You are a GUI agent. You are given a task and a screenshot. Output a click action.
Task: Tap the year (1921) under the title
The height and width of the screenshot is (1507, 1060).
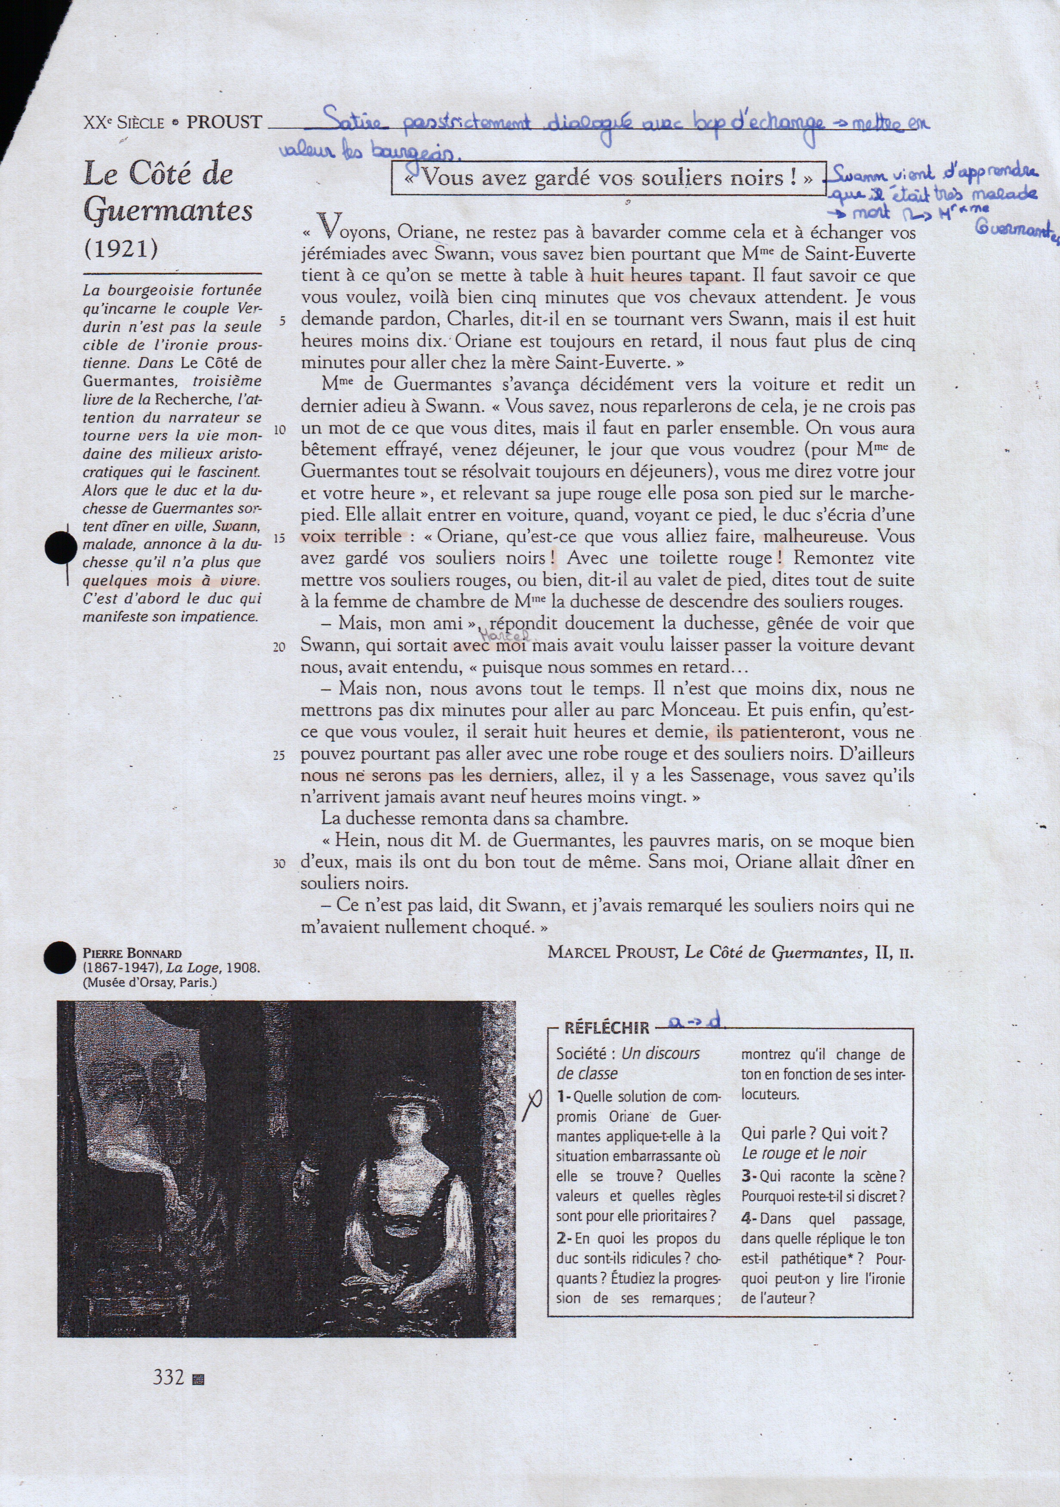121,249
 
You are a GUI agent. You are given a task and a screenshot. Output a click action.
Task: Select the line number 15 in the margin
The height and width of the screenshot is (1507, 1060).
280,538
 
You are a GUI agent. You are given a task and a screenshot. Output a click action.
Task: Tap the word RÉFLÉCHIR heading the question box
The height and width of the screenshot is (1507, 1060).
607,1028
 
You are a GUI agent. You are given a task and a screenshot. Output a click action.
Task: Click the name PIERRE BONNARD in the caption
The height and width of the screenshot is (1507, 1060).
132,953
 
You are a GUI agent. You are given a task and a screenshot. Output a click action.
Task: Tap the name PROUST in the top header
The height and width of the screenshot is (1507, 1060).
225,122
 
